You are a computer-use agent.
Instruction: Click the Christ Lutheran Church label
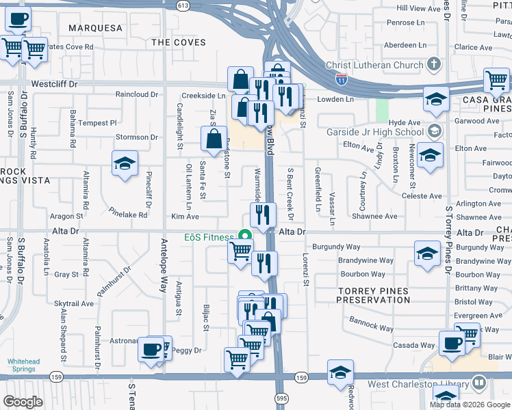pyautogui.click(x=374, y=65)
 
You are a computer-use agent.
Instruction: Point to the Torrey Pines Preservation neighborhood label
pyautogui.click(x=374, y=295)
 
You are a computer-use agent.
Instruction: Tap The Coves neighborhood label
pyautogui.click(x=178, y=42)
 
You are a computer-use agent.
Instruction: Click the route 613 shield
pyautogui.click(x=182, y=5)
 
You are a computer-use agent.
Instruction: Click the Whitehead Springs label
pyautogui.click(x=24, y=366)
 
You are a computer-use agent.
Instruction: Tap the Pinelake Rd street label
pyautogui.click(x=128, y=215)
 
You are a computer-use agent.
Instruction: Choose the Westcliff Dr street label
pyautogui.click(x=55, y=85)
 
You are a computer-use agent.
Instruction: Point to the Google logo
pyautogui.click(x=23, y=402)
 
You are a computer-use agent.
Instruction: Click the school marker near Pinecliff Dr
pyautogui.click(x=125, y=163)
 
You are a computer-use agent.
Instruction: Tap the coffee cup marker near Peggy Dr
pyautogui.click(x=150, y=349)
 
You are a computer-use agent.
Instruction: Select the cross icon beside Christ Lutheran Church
pyautogui.click(x=433, y=65)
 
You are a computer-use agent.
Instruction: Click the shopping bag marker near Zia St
pyautogui.click(x=214, y=139)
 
